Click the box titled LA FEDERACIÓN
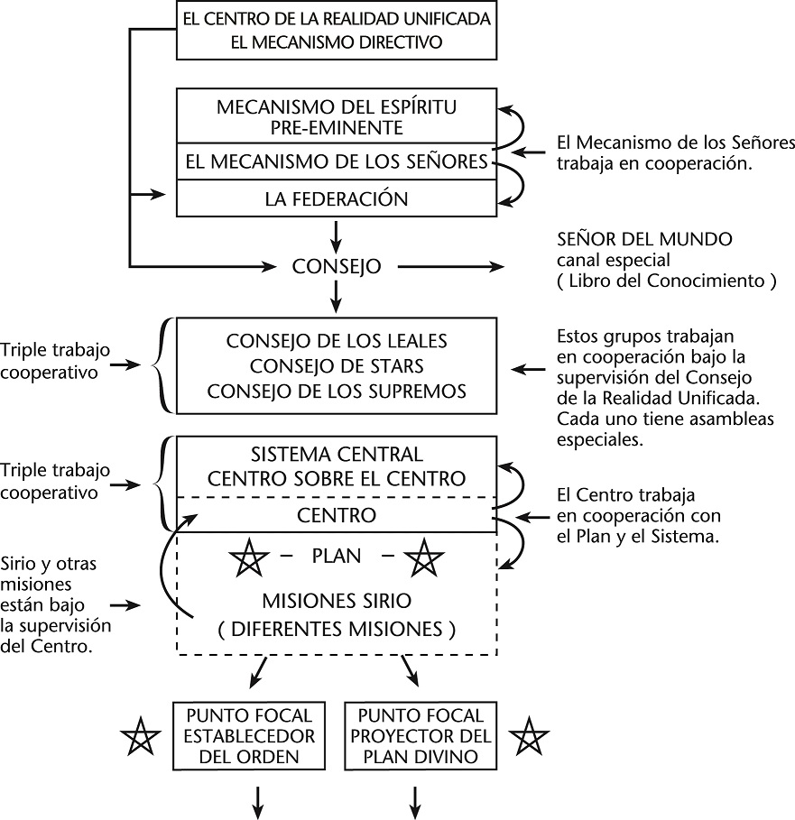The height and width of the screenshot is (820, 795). click(336, 198)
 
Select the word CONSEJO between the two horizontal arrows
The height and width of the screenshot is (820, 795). click(337, 267)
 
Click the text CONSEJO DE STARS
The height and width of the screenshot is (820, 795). click(336, 366)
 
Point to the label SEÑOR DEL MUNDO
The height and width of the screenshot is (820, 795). click(645, 240)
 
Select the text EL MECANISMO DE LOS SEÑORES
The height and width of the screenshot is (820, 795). click(336, 162)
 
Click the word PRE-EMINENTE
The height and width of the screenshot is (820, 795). click(336, 127)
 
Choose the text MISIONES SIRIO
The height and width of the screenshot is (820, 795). click(336, 601)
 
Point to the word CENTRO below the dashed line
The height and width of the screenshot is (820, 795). click(336, 515)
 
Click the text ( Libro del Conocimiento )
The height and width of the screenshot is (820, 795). click(668, 280)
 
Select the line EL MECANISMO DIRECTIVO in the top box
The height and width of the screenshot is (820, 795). click(336, 41)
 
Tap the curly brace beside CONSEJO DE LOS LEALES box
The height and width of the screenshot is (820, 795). click(161, 366)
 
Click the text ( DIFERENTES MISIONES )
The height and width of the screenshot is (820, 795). click(336, 630)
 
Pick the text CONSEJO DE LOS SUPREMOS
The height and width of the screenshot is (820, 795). click(336, 391)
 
